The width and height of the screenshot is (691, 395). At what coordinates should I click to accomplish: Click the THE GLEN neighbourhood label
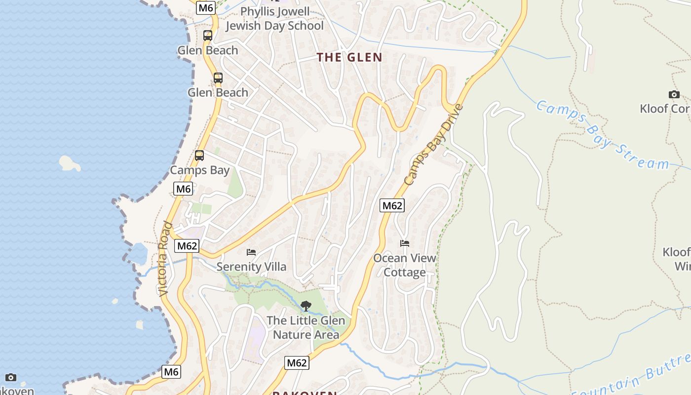point(349,57)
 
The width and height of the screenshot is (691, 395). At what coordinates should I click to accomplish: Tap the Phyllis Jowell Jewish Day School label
point(274,19)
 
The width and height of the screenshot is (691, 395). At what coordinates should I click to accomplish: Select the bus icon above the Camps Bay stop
point(199,156)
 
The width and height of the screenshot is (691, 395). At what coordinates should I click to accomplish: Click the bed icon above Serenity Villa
point(251,252)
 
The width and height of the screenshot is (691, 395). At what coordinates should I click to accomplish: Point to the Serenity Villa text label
point(251,267)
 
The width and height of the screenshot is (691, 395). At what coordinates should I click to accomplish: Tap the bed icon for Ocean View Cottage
point(405,243)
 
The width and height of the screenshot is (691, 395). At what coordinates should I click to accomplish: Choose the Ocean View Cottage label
point(405,265)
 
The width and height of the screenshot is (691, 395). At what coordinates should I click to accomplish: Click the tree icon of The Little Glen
point(306,306)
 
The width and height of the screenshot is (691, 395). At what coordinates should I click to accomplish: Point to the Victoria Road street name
point(165,259)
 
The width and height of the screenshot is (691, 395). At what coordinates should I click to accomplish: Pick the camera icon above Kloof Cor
point(674,94)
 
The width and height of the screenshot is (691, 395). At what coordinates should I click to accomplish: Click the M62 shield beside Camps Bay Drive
point(392,205)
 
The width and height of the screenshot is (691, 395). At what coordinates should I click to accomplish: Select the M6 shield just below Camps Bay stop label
point(183,189)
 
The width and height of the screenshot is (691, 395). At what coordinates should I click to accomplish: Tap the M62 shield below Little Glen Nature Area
point(297,363)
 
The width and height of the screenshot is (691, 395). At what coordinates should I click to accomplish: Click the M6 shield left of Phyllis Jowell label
point(205,8)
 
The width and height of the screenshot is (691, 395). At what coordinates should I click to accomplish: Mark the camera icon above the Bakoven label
point(11,378)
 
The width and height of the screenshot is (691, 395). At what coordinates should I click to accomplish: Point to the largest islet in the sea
point(70,162)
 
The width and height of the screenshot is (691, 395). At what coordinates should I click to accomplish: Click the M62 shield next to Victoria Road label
point(188,245)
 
